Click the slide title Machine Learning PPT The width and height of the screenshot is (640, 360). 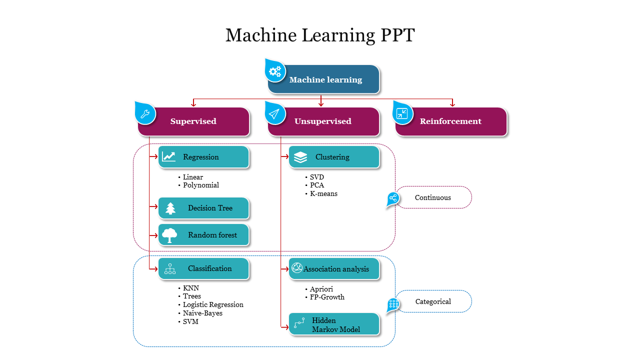[x=320, y=35]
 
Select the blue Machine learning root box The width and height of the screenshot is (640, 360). [x=325, y=79]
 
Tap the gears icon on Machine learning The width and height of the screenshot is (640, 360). [x=275, y=71]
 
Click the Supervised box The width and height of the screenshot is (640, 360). [x=194, y=121]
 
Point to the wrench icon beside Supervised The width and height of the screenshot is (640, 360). [x=145, y=113]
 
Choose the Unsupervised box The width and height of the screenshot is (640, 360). [x=323, y=121]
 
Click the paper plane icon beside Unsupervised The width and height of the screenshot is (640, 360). [x=274, y=113]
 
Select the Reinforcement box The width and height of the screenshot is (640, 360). [x=451, y=121]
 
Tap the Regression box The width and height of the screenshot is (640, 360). [x=203, y=157]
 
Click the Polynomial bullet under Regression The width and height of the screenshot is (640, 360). [x=200, y=185]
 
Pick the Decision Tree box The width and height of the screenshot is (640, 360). [x=203, y=208]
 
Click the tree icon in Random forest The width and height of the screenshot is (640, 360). [x=170, y=235]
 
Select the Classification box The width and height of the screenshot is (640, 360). [x=203, y=268]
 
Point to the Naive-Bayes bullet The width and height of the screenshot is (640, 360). [x=202, y=313]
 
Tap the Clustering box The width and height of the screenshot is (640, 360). [x=334, y=157]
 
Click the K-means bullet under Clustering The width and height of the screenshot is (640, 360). [x=323, y=193]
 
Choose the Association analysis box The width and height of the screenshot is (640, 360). [x=334, y=269]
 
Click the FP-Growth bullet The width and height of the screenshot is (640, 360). [x=327, y=297]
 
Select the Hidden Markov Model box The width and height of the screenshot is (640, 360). [x=334, y=324]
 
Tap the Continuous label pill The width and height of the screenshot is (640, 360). [x=433, y=197]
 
